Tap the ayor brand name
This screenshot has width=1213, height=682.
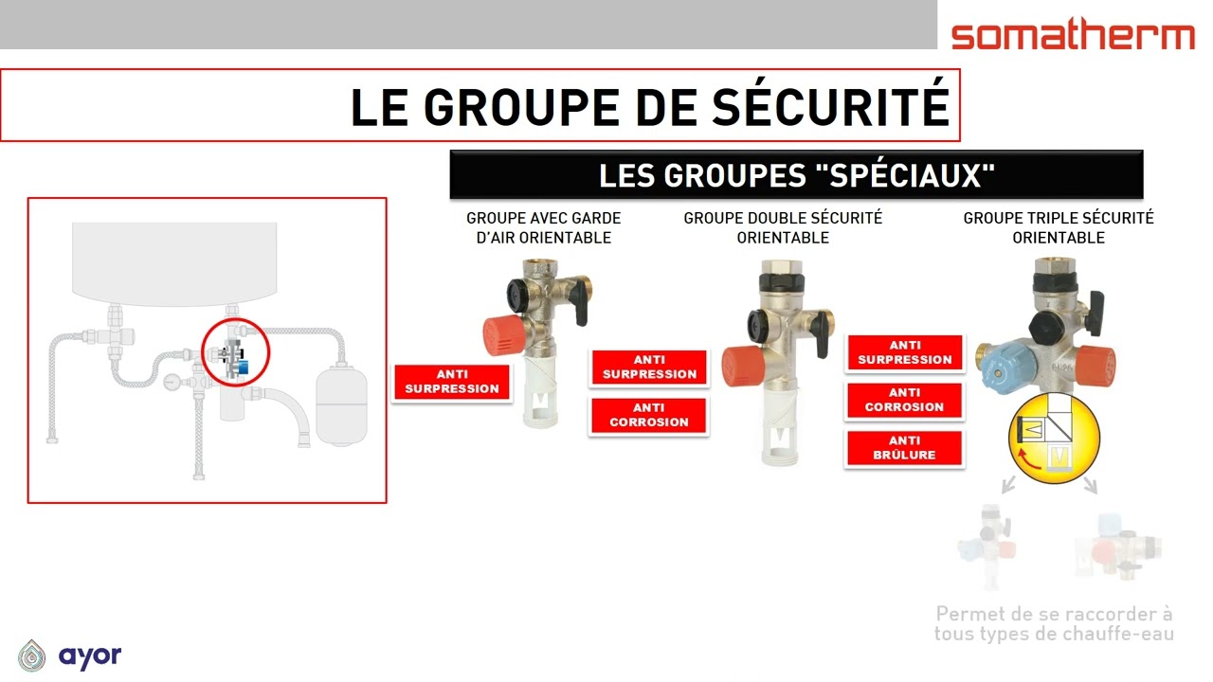click(x=90, y=656)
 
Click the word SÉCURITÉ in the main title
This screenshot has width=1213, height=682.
click(x=830, y=106)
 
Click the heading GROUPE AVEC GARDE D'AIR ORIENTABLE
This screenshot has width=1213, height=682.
click(x=544, y=228)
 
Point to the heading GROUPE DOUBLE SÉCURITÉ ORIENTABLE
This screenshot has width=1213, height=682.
click(x=783, y=228)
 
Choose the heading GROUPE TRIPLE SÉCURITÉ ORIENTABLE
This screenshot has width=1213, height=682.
click(x=1059, y=228)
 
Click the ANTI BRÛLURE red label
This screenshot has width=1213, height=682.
click(x=904, y=448)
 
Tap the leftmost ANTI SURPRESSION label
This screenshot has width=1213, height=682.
click(x=452, y=382)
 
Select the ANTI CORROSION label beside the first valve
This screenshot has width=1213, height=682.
click(x=649, y=415)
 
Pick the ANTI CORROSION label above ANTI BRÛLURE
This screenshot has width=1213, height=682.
click(x=904, y=400)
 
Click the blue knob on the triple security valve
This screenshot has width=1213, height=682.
click(x=1006, y=366)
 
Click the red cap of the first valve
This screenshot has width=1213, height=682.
click(x=504, y=335)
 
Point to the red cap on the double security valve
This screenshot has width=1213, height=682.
click(x=743, y=367)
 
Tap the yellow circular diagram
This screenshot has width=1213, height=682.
click(x=1054, y=438)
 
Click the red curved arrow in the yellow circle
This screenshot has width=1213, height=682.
click(x=1028, y=459)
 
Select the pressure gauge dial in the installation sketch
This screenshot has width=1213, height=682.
click(x=172, y=382)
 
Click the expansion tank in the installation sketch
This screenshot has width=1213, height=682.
click(x=342, y=404)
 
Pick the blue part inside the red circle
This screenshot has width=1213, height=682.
click(x=243, y=368)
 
